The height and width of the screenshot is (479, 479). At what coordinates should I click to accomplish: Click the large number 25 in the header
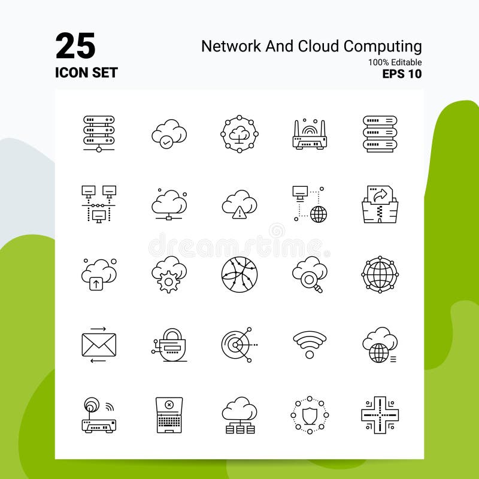tap(75, 46)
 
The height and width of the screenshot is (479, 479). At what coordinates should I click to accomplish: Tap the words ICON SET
tap(86, 73)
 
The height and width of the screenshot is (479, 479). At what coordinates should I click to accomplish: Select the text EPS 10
tap(402, 74)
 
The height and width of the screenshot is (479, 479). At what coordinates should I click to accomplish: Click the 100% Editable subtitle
tap(395, 62)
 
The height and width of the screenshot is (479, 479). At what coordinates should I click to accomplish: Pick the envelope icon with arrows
tap(99, 345)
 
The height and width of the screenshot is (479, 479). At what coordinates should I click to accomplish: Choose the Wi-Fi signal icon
tap(310, 345)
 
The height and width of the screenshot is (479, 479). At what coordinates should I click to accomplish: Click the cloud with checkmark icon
tap(169, 133)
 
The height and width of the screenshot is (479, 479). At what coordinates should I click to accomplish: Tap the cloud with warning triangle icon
tap(239, 204)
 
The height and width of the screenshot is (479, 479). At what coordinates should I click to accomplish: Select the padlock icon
tap(170, 345)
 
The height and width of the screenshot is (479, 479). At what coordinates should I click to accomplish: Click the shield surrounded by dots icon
tap(310, 414)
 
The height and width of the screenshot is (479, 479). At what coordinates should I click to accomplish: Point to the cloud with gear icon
tap(169, 274)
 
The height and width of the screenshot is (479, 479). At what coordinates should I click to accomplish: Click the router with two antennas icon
tap(310, 135)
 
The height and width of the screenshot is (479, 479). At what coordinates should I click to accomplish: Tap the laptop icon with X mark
tap(169, 414)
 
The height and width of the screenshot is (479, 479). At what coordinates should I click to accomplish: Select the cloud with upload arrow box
tap(99, 274)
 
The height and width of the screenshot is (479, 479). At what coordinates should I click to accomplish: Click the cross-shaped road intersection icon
tap(380, 414)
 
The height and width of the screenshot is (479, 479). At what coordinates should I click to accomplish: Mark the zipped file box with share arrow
tap(380, 204)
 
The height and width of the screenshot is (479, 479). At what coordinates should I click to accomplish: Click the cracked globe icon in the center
tap(239, 274)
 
